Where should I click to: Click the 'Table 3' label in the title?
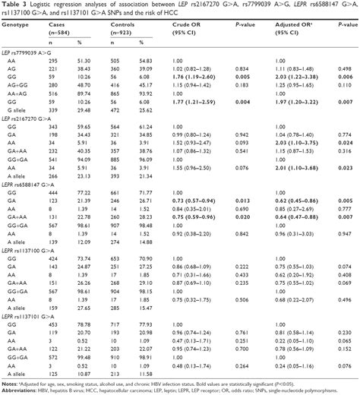point(14,5)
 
